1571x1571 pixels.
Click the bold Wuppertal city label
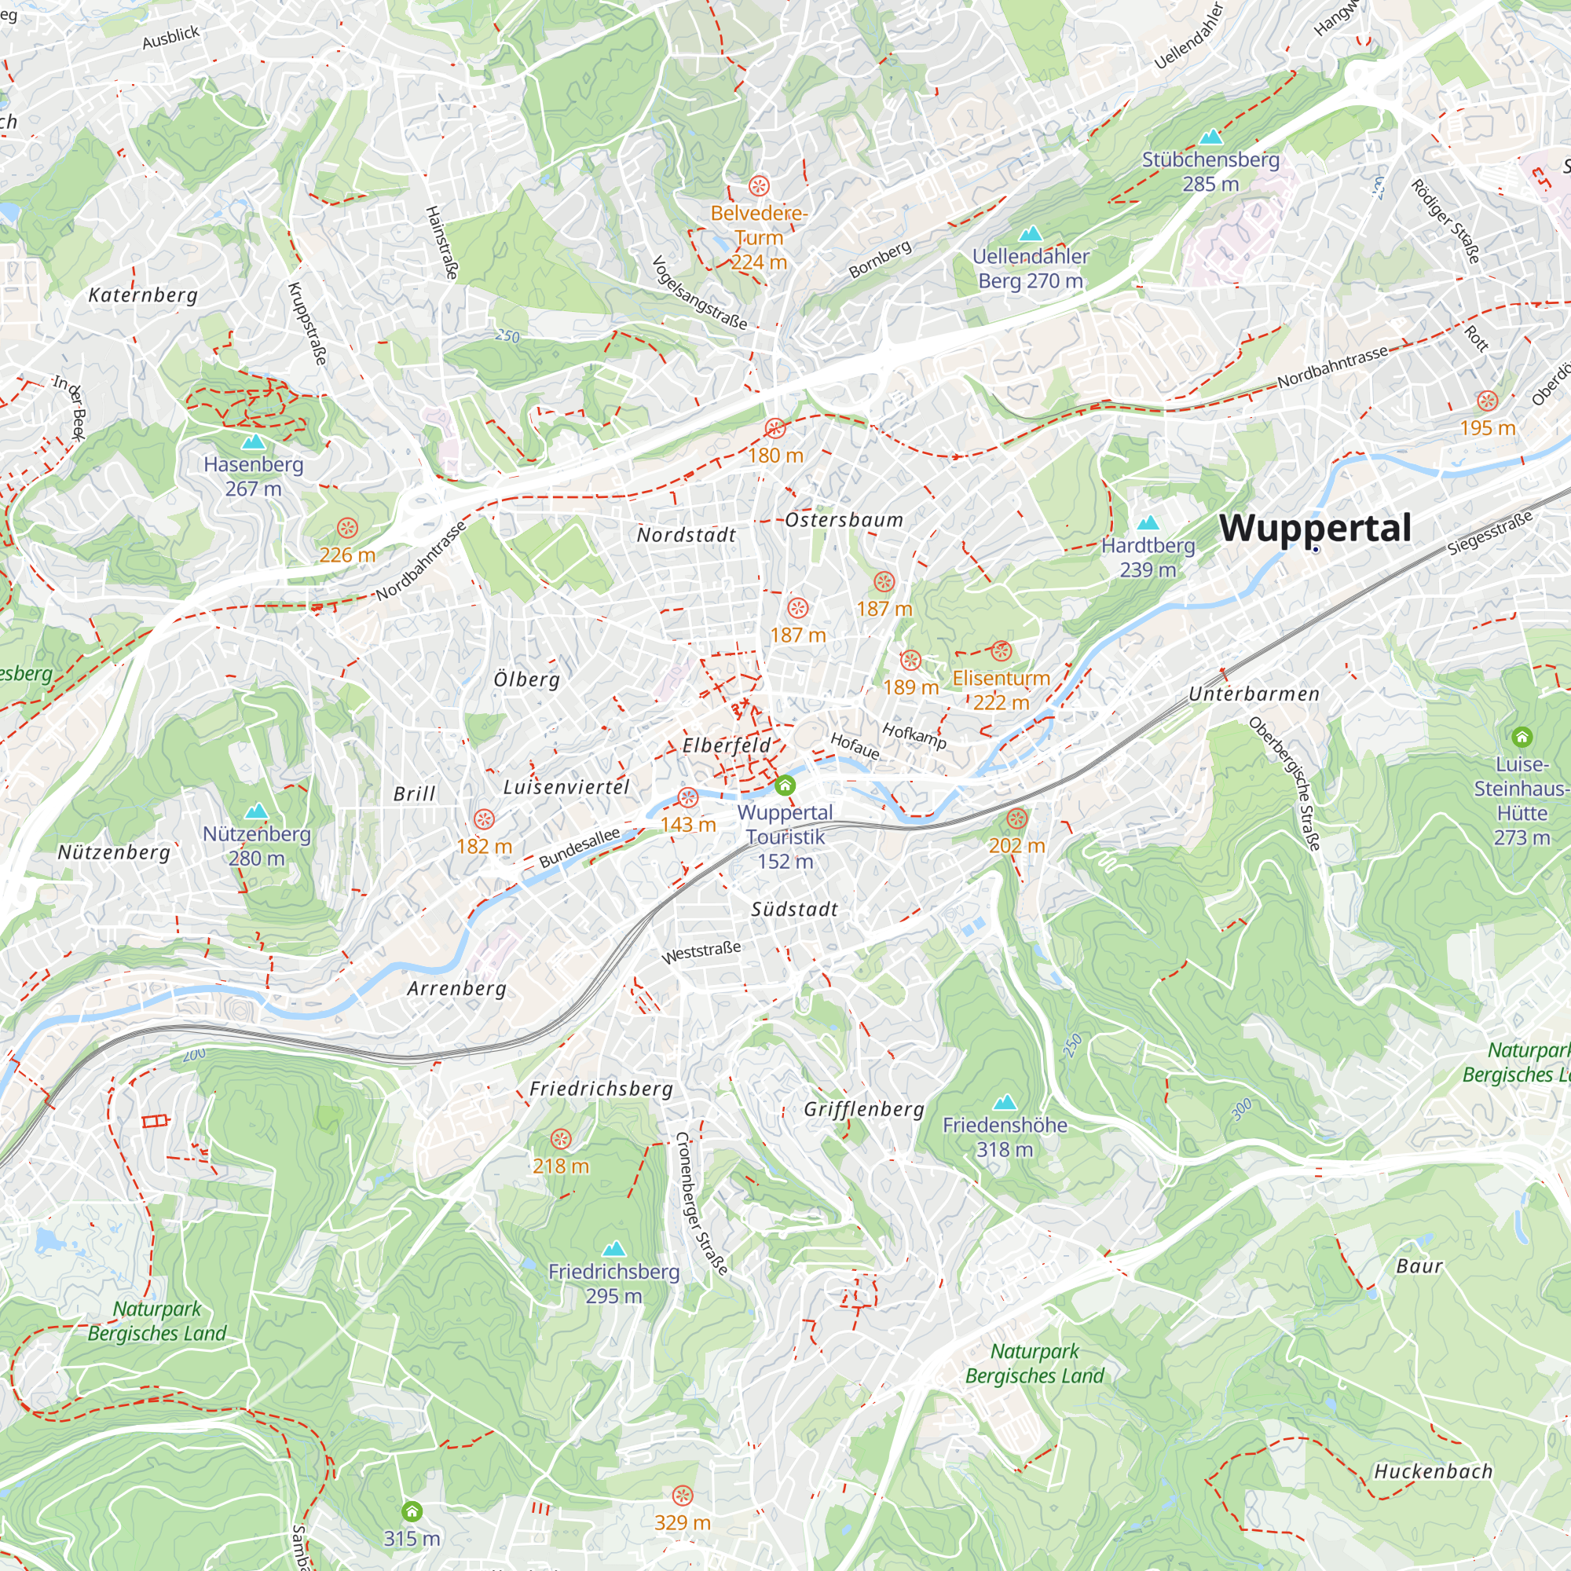1315,529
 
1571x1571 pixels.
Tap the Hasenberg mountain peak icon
254,442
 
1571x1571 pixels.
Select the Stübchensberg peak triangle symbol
1210,137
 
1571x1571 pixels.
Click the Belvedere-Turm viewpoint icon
759,185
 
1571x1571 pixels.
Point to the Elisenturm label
1001,678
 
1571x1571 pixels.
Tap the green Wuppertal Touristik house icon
785,785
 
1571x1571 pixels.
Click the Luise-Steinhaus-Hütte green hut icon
1522,738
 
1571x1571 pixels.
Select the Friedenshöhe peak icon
1005,1103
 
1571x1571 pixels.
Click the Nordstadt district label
687,535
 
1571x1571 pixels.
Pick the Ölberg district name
527,679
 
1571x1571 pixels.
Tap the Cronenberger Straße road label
701,1203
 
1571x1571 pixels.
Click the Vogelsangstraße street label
699,293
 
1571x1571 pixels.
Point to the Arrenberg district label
456,989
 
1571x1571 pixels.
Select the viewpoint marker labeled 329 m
683,1496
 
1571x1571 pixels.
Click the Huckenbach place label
1433,1472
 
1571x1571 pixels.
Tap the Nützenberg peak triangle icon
257,811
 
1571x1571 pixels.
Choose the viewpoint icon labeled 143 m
688,798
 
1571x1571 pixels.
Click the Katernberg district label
143,295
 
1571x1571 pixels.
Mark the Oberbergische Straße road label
1285,784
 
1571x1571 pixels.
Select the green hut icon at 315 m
412,1511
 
